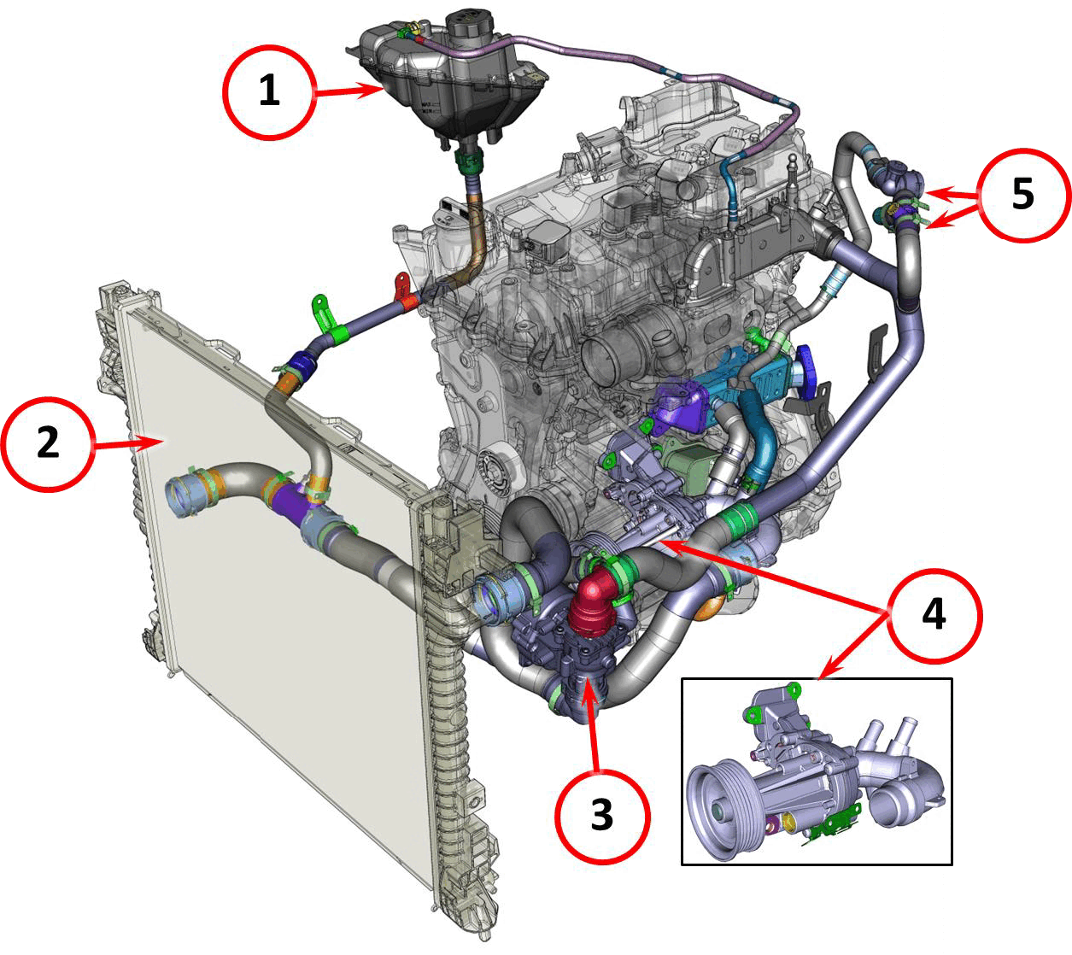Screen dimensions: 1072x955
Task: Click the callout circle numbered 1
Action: tap(270, 92)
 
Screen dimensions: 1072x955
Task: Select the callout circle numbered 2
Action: tap(48, 444)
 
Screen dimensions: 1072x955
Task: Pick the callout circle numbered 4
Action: tap(934, 616)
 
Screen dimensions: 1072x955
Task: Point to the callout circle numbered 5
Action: tap(1023, 196)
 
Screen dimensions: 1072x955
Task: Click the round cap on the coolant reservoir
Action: tap(470, 24)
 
